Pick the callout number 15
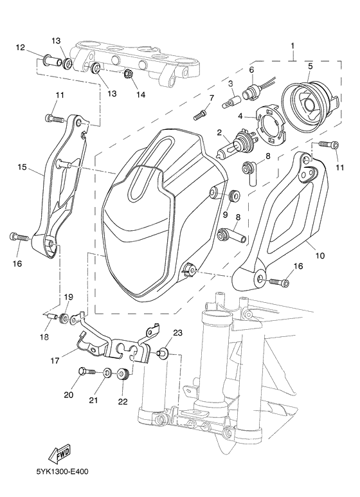click(21, 167)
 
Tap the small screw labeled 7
click(199, 114)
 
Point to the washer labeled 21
click(105, 374)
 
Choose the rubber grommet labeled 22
click(124, 375)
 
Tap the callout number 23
click(178, 332)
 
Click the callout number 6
click(251, 69)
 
